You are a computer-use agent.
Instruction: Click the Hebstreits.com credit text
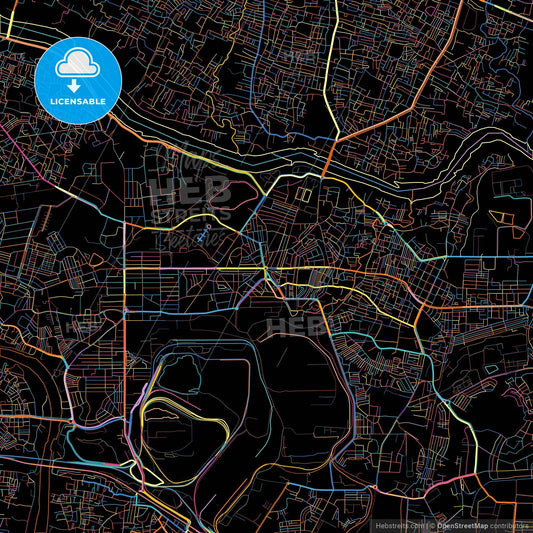tap(396, 525)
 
